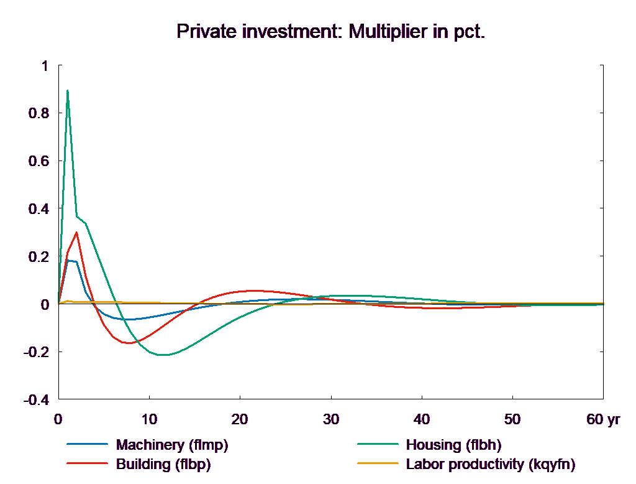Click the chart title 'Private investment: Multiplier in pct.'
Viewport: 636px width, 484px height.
330,31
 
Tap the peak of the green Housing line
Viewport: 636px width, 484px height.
67,91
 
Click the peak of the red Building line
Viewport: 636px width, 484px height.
76,233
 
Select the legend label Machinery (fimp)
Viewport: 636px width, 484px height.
172,445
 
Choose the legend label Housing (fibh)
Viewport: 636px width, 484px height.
453,445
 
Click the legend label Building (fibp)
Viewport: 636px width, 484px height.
163,464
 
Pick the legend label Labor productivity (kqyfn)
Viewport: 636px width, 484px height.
490,464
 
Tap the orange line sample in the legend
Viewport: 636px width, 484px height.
378,464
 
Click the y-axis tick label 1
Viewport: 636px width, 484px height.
43,65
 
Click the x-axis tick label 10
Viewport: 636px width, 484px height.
148,419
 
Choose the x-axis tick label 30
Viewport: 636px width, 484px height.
331,419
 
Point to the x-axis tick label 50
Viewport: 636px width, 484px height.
512,419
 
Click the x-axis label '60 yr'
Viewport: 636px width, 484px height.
603,419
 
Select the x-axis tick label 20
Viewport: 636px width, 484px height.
240,419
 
